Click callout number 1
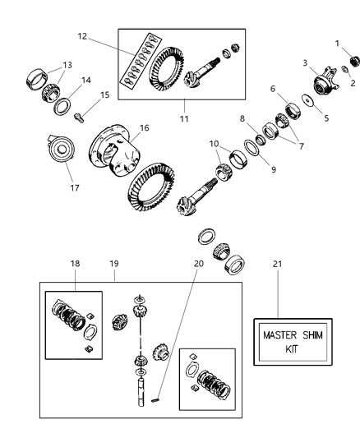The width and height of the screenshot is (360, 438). tap(336, 43)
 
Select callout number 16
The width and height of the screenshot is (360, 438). tap(144, 128)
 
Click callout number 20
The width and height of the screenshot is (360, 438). tap(197, 264)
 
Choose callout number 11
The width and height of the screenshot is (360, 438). tap(184, 119)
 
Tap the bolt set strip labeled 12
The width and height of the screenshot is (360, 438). tap(139, 60)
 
